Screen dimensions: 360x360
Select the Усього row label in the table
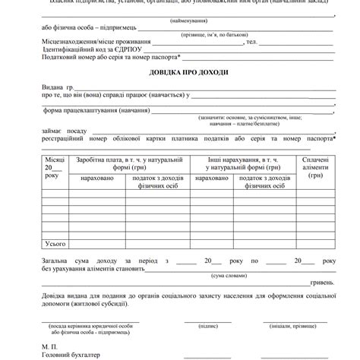pyautogui.click(x=55, y=243)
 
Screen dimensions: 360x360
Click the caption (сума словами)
pyautogui.click(x=227, y=275)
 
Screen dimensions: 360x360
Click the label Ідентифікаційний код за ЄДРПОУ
pyautogui.click(x=90, y=49)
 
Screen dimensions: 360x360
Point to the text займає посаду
pyautogui.click(x=69, y=131)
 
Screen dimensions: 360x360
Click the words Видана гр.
pyautogui.click(x=57, y=88)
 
